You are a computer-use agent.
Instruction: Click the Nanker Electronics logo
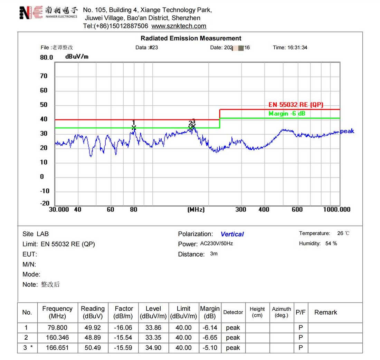48,12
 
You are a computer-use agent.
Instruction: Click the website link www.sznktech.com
179,26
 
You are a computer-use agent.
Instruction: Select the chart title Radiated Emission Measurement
191,38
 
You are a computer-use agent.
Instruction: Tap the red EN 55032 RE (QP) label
296,105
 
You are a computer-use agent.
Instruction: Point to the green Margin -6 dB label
287,113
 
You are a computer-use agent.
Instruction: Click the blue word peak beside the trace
347,131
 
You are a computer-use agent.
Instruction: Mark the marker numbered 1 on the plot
134,127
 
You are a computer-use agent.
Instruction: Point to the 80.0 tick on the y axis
47,57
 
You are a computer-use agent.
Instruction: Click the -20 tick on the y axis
45,203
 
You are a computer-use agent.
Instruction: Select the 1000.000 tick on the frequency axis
336,210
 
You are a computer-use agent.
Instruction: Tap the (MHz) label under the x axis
196,210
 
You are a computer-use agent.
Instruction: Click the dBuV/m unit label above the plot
77,57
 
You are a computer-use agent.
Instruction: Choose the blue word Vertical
232,234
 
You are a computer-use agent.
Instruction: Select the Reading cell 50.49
93,348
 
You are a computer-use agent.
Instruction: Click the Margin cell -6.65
210,338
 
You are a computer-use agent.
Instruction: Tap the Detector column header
233,312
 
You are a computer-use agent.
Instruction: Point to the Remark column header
325,312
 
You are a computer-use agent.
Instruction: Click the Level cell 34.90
153,348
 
